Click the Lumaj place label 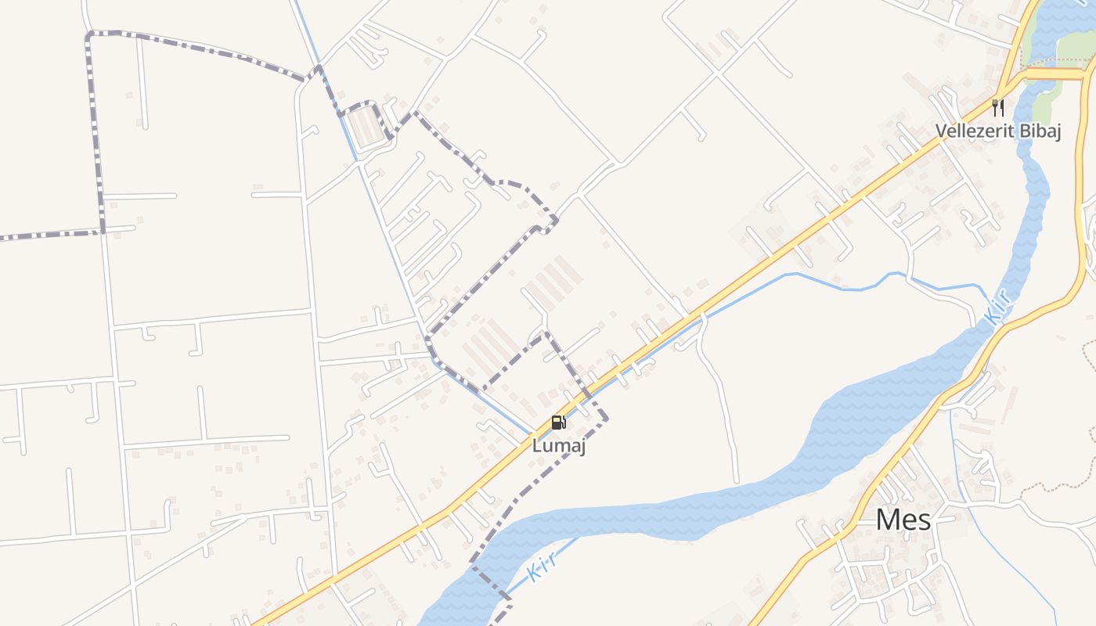[559, 447]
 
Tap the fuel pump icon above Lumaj [558, 423]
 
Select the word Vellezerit [972, 131]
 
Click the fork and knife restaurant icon [997, 108]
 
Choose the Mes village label [903, 520]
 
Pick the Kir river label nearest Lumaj [541, 567]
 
